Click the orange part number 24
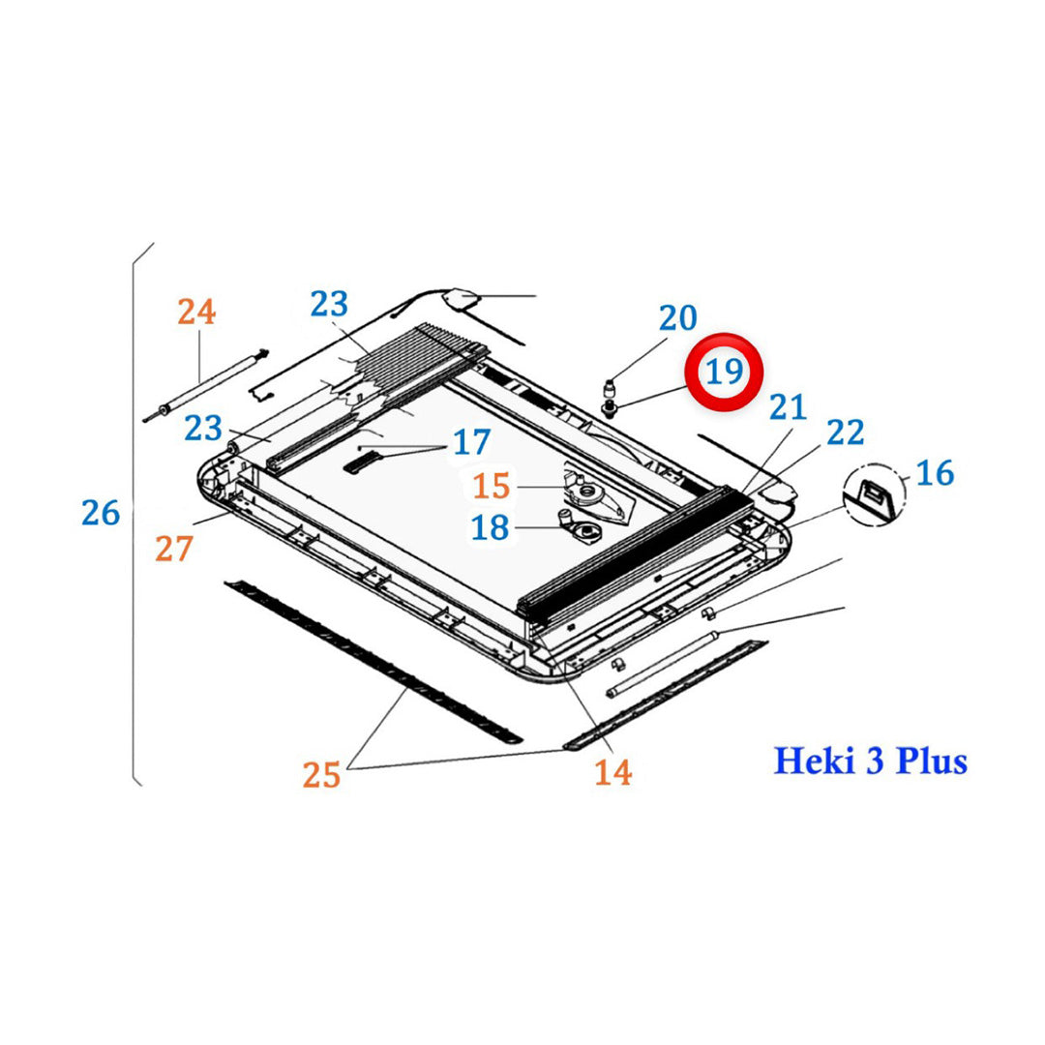pos(196,312)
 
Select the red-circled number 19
pos(725,372)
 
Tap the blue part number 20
pos(677,317)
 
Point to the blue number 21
pos(787,407)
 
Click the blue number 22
pos(845,433)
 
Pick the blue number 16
pos(934,473)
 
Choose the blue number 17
pos(471,443)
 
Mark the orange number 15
pos(491,487)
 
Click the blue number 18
pos(490,528)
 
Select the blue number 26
pos(101,513)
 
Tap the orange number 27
pos(174,549)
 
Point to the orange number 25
pos(322,774)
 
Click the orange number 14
pos(612,772)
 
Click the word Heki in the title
pos(813,761)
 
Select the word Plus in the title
pos(931,761)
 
